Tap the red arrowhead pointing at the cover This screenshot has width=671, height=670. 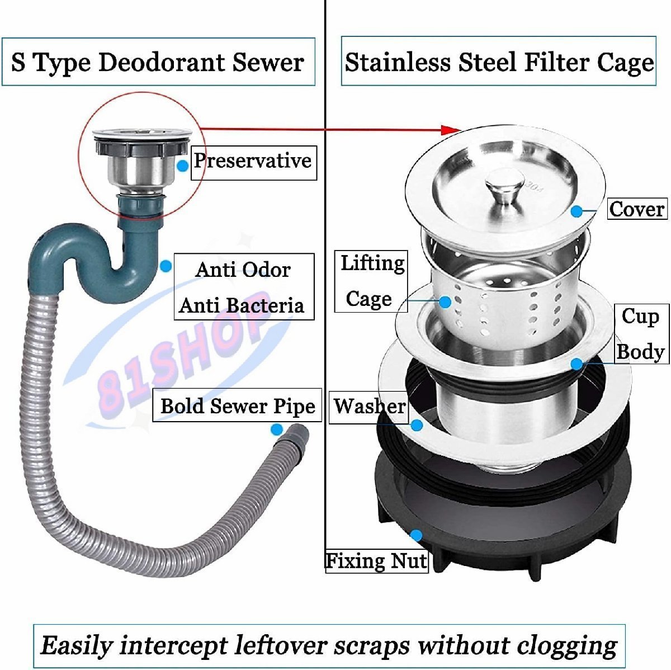click(x=451, y=130)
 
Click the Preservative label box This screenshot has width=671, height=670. click(x=253, y=163)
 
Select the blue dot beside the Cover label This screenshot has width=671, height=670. click(x=577, y=211)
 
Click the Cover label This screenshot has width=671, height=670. click(x=637, y=209)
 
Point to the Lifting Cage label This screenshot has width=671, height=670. click(x=371, y=281)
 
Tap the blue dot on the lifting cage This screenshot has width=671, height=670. click(x=445, y=302)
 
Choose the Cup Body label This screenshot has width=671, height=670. click(x=641, y=334)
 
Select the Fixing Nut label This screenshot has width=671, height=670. click(x=377, y=561)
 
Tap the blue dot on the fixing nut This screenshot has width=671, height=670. click(x=417, y=535)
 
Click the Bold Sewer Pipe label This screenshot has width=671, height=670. click(x=237, y=405)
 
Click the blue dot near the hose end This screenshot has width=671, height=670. click(x=277, y=430)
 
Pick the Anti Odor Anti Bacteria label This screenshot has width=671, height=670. click(x=244, y=286)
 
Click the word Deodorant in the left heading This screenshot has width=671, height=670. click(x=163, y=63)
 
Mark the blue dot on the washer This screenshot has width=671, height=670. click(x=417, y=424)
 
